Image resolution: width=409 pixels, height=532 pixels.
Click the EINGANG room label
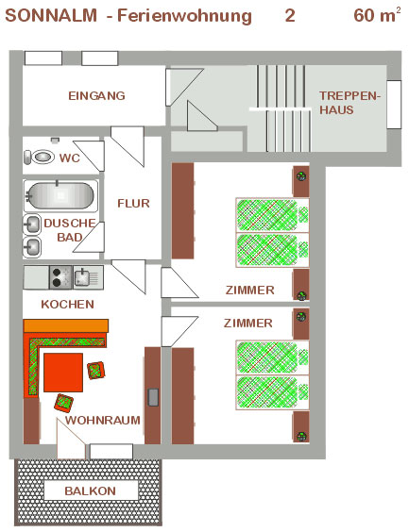(x=96, y=95)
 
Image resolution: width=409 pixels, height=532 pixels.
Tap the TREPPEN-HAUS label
(x=349, y=103)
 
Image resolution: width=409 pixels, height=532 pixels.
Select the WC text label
(x=70, y=158)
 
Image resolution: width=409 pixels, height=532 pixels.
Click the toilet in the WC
(x=39, y=158)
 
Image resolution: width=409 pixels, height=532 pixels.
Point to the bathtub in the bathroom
(x=60, y=196)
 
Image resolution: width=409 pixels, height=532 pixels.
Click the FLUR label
(x=133, y=203)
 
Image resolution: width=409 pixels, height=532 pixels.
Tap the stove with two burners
(x=60, y=277)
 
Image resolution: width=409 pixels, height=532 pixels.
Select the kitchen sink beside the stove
(x=88, y=277)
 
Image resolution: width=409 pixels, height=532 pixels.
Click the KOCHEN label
(x=68, y=305)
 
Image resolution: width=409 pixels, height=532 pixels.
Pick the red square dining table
(x=63, y=373)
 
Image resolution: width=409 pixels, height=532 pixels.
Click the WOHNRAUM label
(x=103, y=421)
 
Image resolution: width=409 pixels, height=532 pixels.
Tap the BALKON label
(x=91, y=490)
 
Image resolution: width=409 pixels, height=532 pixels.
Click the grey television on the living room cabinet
(x=153, y=397)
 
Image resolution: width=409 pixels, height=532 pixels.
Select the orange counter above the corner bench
(x=66, y=325)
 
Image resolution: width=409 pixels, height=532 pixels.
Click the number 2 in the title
(x=290, y=16)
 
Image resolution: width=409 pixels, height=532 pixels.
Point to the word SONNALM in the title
(x=51, y=16)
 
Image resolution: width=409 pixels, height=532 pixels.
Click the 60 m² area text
(x=377, y=15)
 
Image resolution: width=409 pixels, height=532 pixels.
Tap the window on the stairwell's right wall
(x=394, y=105)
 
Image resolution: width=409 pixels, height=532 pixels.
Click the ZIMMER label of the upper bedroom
(x=250, y=291)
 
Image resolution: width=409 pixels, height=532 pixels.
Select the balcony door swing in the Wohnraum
(x=71, y=439)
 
